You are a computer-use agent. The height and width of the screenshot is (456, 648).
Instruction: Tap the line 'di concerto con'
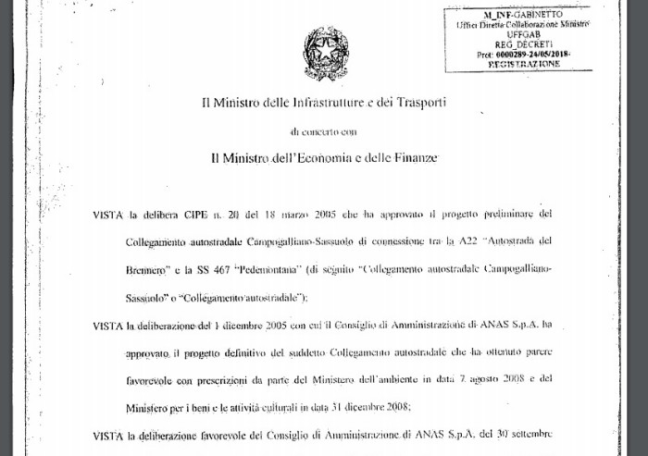click(323, 132)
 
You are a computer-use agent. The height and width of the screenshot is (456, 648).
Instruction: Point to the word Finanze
click(412, 158)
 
